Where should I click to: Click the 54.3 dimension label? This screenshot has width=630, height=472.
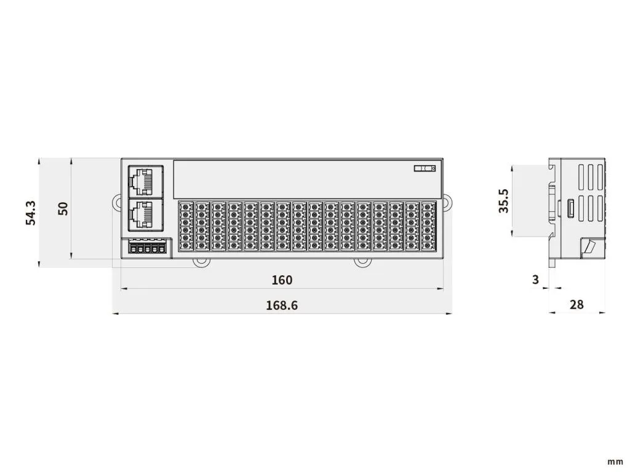pyautogui.click(x=31, y=213)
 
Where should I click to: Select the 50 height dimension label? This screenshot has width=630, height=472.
pyautogui.click(x=63, y=208)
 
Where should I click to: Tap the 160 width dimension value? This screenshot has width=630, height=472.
pyautogui.click(x=282, y=280)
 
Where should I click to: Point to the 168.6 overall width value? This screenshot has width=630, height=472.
pyautogui.click(x=282, y=305)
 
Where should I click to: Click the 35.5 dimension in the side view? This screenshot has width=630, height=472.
pyautogui.click(x=503, y=201)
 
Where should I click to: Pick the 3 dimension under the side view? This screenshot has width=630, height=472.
pyautogui.click(x=535, y=280)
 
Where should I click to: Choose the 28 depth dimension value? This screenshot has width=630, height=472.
pyautogui.click(x=576, y=305)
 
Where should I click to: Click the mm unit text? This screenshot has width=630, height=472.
pyautogui.click(x=615, y=462)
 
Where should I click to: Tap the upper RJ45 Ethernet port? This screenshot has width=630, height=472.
pyautogui.click(x=146, y=181)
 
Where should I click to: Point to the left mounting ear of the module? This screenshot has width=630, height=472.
pyautogui.click(x=117, y=202)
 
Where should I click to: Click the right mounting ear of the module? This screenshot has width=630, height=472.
pyautogui.click(x=448, y=202)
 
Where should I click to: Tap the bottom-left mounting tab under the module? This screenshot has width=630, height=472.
pyautogui.click(x=201, y=262)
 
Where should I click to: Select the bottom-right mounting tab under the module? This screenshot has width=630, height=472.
pyautogui.click(x=362, y=262)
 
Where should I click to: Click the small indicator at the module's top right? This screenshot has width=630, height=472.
pyautogui.click(x=425, y=168)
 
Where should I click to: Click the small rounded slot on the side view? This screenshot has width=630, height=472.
pyautogui.click(x=570, y=208)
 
